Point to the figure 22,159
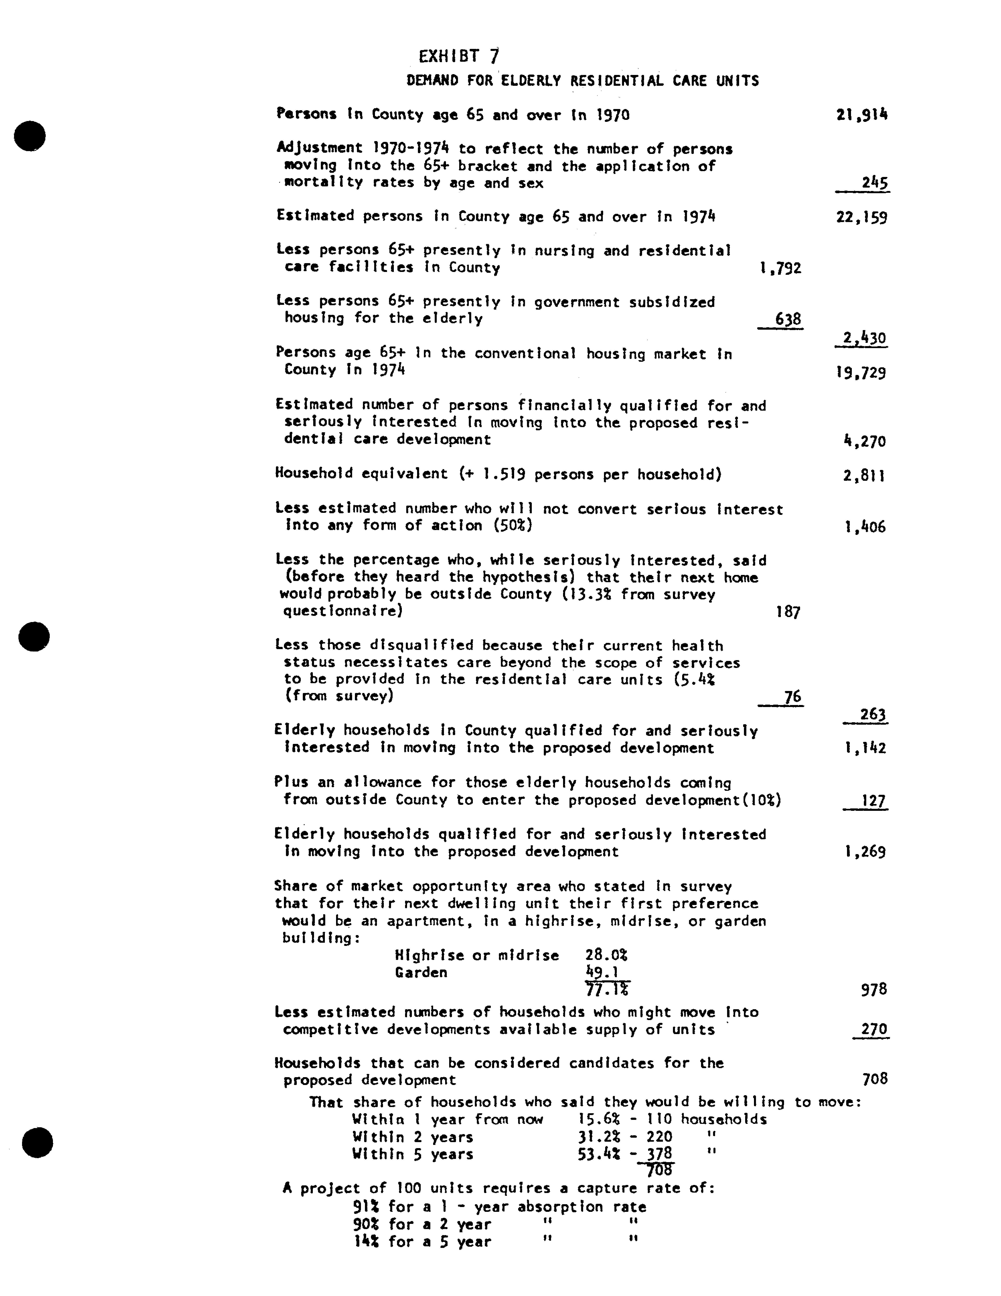pos(861,218)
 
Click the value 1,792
pos(780,268)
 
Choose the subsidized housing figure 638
pos(788,319)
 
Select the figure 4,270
pos(864,441)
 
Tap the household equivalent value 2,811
pos(864,476)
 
